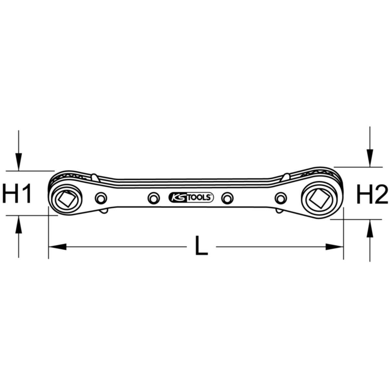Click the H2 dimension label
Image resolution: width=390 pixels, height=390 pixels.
(372, 194)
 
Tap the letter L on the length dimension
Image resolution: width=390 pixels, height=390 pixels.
(201, 245)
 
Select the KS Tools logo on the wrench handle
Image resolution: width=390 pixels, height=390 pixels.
(191, 197)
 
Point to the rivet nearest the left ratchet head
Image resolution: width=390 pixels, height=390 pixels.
(101, 198)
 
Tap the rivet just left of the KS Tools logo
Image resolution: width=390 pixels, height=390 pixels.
(154, 198)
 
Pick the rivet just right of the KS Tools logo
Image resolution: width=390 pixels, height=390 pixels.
(227, 198)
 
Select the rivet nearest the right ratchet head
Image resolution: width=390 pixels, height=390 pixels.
(281, 198)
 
